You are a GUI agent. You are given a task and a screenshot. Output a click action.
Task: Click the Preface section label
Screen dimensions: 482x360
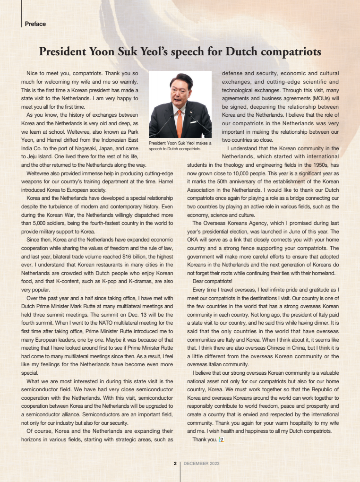35,24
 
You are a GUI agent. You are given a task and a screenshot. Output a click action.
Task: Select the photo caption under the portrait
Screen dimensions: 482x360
180,146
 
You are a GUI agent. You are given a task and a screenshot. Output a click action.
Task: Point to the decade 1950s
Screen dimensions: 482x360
318,165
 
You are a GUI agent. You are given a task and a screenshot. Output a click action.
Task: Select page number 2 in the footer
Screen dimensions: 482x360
175,464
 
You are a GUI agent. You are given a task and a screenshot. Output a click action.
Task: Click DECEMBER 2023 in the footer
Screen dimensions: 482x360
201,464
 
